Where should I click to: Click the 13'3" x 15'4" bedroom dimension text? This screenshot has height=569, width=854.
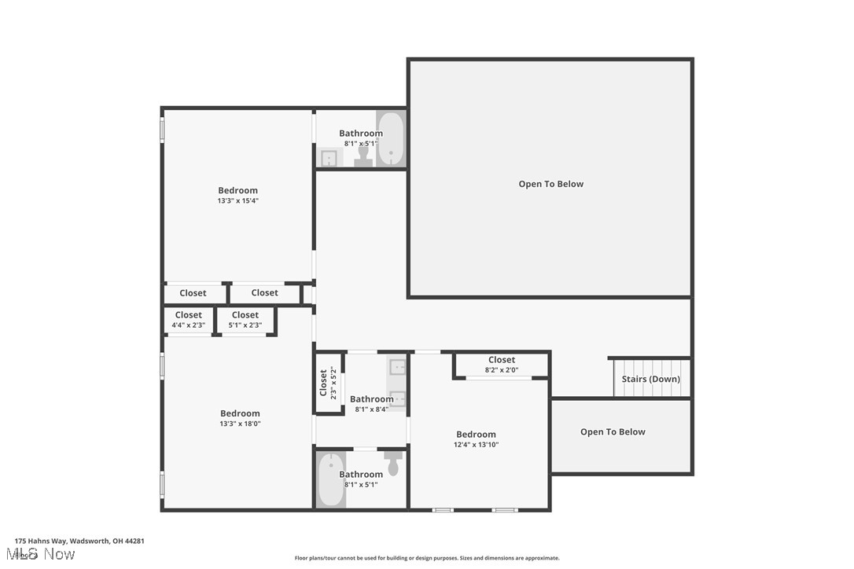237,201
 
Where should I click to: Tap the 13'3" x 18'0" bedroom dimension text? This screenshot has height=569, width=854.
240,424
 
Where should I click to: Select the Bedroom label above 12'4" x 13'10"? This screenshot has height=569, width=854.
476,435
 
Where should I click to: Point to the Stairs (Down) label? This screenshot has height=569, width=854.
650,379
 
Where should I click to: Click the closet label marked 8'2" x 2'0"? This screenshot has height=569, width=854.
501,365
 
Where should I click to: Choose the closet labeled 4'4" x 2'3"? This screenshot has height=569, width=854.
189,320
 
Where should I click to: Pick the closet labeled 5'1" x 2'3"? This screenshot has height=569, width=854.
245,320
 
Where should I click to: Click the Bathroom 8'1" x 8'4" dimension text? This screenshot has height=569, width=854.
371,409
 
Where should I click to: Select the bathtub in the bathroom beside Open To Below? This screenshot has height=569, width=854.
390,139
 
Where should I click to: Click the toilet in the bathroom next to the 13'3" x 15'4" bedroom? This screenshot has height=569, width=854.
363,156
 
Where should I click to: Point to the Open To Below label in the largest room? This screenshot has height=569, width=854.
550,184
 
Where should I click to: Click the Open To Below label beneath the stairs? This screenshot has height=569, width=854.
613,432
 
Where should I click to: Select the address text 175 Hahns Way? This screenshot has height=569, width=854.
79,541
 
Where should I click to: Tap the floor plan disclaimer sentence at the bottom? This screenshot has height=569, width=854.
427,558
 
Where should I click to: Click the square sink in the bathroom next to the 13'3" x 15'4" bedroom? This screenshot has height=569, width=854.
329,158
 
